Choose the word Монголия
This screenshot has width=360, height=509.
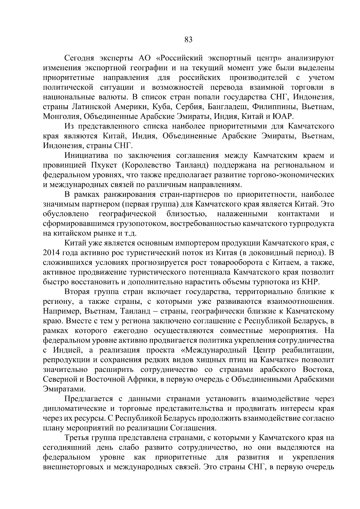click(x=61, y=116)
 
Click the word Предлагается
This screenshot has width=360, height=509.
click(x=88, y=399)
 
